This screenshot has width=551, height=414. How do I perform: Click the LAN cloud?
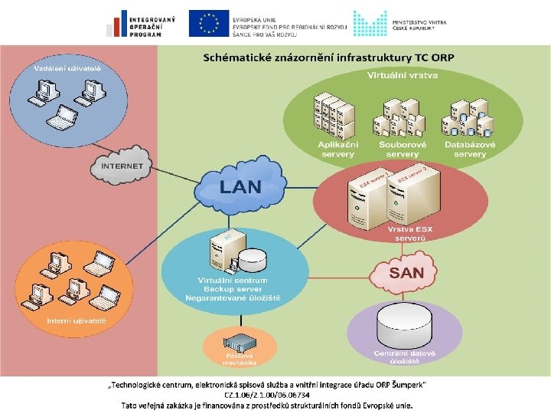[x=240, y=186]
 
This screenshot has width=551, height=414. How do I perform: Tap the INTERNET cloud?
[x=122, y=165]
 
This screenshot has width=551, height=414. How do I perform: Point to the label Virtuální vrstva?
[x=402, y=77]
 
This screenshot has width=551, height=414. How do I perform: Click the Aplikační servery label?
[x=337, y=149]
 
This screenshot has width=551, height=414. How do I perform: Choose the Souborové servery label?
[x=402, y=149]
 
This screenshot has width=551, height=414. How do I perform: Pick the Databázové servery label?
[x=469, y=149]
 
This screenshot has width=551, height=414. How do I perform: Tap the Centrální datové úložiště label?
[x=405, y=356]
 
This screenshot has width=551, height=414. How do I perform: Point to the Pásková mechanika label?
[x=239, y=359]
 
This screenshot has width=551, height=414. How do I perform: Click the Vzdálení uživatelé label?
[x=67, y=68]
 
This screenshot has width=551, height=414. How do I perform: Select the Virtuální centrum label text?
[x=233, y=281]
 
